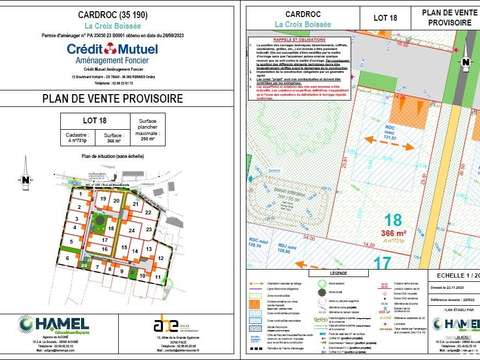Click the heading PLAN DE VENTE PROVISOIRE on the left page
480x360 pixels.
pos(121,98)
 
